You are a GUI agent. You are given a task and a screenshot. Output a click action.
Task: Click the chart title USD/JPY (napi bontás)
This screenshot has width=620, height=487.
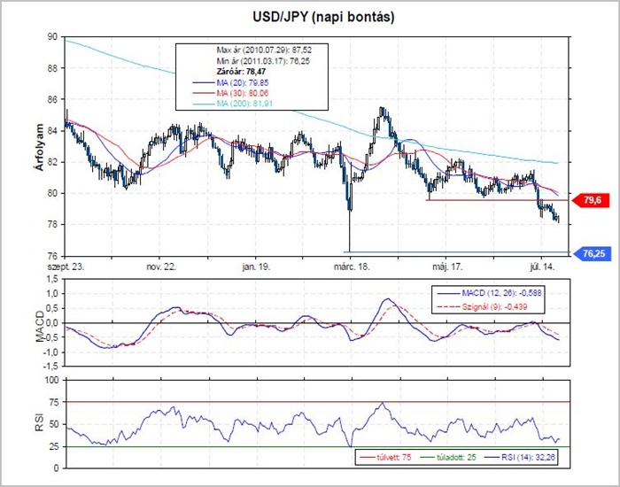pyautogui.click(x=310, y=17)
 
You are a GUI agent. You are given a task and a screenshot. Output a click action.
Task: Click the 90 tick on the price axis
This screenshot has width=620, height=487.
pyautogui.click(x=53, y=37)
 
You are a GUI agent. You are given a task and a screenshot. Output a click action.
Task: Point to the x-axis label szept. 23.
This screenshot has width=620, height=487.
pyautogui.click(x=66, y=265)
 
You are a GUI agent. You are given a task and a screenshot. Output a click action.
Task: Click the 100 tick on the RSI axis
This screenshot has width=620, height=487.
pyautogui.click(x=50, y=380)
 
